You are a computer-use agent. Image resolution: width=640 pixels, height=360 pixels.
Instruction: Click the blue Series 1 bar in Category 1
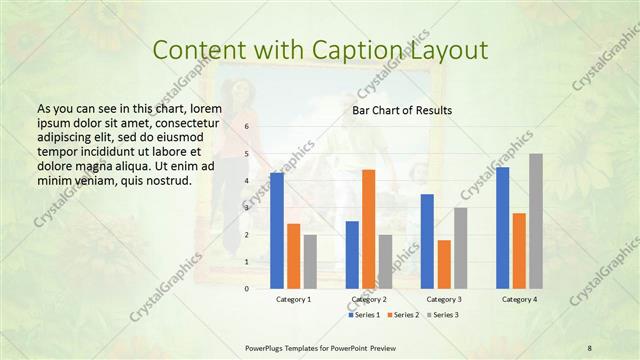pos(276,230)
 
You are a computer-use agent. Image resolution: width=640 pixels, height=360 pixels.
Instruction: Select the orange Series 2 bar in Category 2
pos(368,229)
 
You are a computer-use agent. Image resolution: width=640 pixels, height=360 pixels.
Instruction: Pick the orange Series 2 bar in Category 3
pos(444,264)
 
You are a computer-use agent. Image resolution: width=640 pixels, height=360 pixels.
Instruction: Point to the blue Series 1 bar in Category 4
pos(502,227)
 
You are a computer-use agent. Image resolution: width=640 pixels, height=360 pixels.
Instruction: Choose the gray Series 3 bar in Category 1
pos(310,261)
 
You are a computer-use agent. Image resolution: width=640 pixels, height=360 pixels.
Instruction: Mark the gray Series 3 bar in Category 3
pos(460,247)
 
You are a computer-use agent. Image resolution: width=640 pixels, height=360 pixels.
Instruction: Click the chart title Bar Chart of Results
pos(402,110)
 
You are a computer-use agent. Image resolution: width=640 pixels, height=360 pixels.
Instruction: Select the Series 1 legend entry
pos(365,315)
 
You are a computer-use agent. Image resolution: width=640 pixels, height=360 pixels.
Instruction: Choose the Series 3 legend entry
pos(444,315)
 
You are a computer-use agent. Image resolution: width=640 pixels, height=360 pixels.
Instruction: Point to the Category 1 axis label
pos(293,299)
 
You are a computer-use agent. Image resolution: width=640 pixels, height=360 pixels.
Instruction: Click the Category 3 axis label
pos(444,299)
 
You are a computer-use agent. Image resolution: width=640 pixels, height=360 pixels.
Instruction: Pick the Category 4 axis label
pos(519,299)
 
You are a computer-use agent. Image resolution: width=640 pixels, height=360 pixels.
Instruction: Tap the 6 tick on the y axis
pos(246,127)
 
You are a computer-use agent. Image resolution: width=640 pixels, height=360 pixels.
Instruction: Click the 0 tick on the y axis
pos(246,288)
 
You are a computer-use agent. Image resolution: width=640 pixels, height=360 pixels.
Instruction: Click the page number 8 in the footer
pos(589,347)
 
